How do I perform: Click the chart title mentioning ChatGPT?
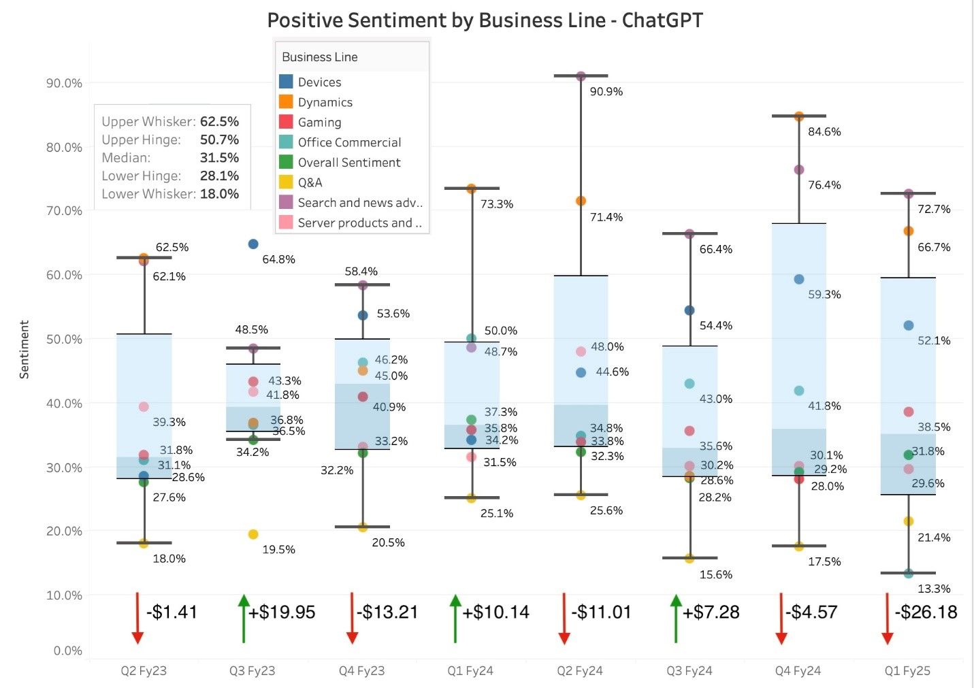485,20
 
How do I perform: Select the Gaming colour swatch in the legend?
286,122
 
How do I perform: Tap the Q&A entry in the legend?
310,182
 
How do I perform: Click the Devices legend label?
319,82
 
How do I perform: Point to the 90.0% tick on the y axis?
64,83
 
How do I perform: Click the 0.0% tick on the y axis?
67,651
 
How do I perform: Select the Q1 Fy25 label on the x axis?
907,670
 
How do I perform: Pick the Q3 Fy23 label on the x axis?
252,670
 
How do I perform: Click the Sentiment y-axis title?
25,349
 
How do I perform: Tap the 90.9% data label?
606,91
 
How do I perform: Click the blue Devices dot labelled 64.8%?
253,244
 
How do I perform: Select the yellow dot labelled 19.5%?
253,534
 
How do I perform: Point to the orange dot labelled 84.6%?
799,116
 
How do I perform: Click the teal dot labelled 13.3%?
909,574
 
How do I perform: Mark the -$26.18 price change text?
926,612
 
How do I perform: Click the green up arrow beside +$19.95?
244,618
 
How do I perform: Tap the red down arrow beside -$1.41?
137,618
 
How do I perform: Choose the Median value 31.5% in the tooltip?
219,157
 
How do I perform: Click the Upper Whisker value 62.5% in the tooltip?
219,121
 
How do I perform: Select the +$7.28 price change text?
711,612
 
